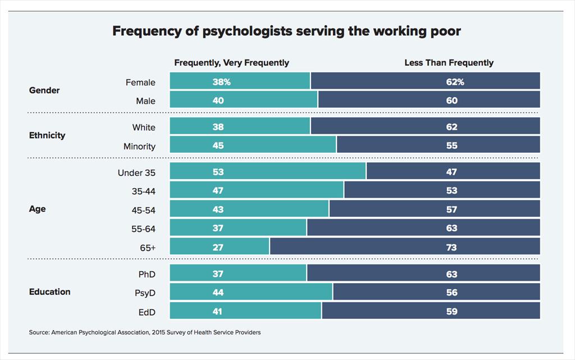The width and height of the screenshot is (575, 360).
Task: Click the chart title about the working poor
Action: (x=286, y=31)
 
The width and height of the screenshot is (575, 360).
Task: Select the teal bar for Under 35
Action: (x=267, y=171)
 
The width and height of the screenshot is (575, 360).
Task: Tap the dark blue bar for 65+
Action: (x=404, y=247)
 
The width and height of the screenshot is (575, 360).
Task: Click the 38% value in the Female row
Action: (x=221, y=82)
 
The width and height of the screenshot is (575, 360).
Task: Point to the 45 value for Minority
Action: (x=218, y=145)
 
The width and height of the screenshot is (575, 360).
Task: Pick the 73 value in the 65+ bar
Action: (x=451, y=247)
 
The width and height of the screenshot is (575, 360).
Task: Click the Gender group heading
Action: (x=44, y=90)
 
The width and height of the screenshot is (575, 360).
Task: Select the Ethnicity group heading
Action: (x=47, y=135)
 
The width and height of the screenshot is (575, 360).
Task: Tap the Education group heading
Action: (x=50, y=292)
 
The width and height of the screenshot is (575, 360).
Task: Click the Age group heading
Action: (x=37, y=209)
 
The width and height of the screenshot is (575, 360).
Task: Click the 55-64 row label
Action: (x=143, y=229)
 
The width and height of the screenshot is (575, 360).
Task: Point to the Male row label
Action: (x=145, y=101)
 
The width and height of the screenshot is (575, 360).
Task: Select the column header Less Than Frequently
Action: (x=449, y=63)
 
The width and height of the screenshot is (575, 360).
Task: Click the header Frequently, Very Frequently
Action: (x=231, y=63)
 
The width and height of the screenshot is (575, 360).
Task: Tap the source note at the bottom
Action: (x=145, y=332)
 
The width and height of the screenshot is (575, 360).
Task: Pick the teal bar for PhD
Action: (x=238, y=274)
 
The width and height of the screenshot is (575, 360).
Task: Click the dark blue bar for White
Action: (x=425, y=127)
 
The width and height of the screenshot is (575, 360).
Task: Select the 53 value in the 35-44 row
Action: (x=451, y=191)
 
